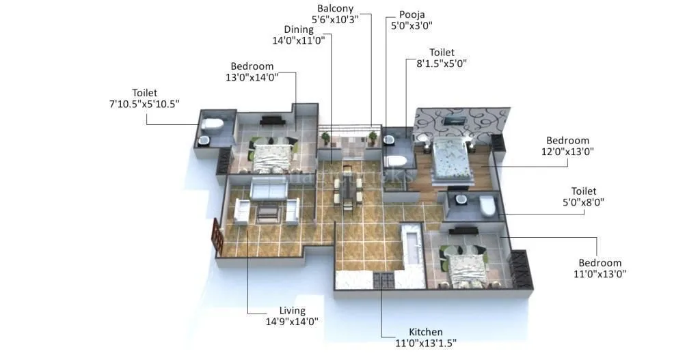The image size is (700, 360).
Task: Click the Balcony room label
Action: [336, 8]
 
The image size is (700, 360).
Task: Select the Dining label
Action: [299, 29]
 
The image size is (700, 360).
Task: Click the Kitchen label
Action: [425, 332]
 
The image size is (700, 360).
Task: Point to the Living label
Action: [292, 311]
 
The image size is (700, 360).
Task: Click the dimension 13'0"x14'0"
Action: [252, 78]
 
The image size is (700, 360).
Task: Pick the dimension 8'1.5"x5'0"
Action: [441, 64]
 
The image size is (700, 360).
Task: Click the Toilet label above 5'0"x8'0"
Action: [584, 191]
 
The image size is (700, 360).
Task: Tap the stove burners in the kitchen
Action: [384, 279]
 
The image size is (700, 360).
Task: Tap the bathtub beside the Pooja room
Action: [396, 161]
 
